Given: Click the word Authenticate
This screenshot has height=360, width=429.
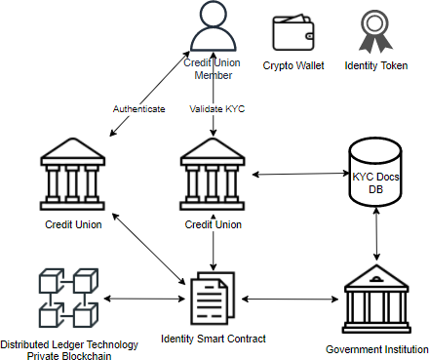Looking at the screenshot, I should tap(139, 108).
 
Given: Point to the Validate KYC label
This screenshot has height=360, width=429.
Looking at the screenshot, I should tap(216, 108).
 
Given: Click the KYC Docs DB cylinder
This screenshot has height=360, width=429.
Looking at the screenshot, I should tap(375, 177).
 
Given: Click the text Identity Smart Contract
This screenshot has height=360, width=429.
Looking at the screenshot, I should tap(213, 340).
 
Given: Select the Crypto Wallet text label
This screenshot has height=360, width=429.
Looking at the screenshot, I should tap(292, 65).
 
